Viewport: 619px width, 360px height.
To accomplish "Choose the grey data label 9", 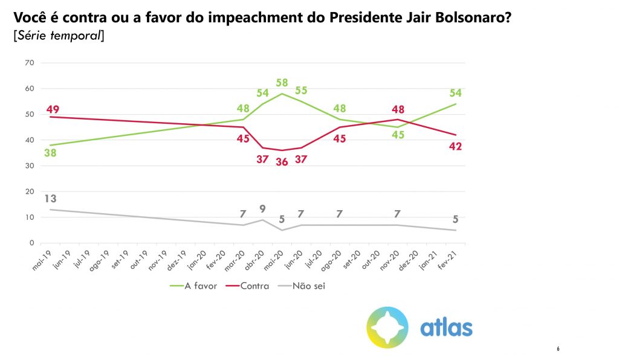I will click(x=263, y=210).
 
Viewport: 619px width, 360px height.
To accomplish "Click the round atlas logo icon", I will click(x=387, y=327).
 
